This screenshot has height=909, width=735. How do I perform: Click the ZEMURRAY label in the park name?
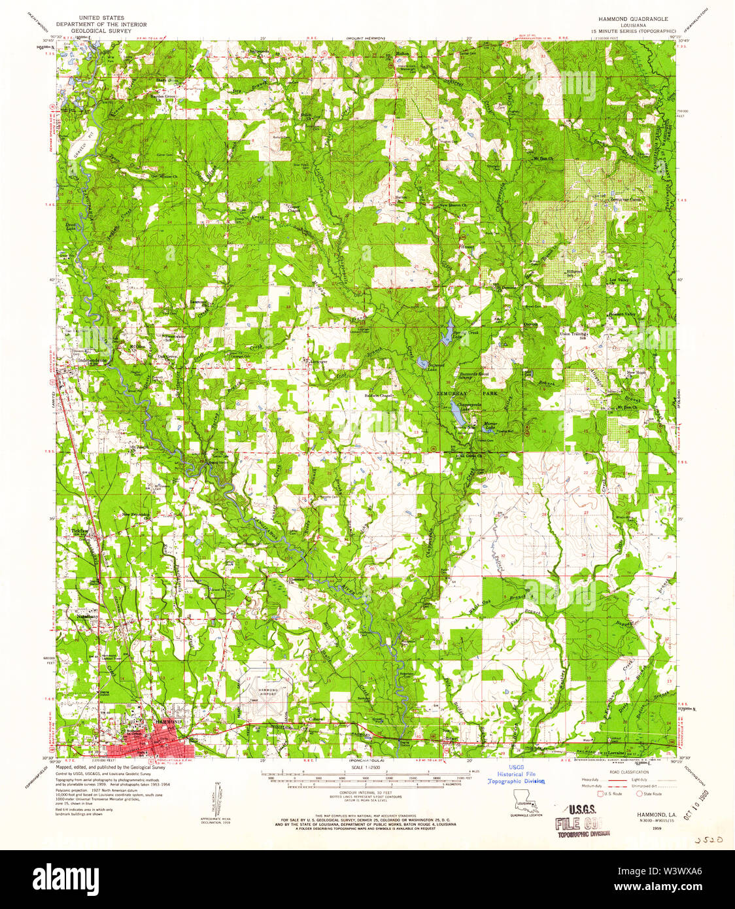(x=450, y=394)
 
